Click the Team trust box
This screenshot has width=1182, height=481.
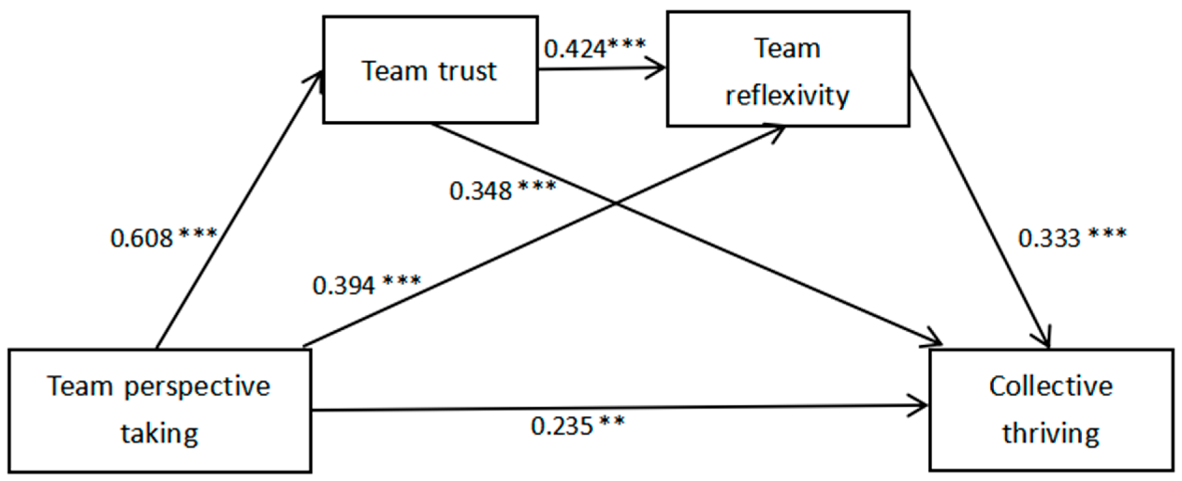coord(430,70)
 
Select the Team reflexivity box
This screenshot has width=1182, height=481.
coord(787,69)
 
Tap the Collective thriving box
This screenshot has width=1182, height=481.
coord(1051,410)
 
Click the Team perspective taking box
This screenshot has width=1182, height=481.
coord(159,410)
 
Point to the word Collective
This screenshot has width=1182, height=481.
coord(1051,386)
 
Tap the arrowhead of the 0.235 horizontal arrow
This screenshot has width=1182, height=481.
coord(922,406)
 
